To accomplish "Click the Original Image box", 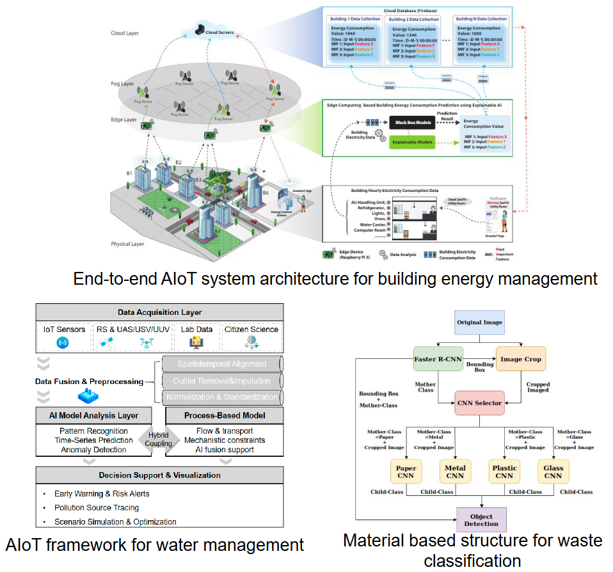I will tap(479, 322).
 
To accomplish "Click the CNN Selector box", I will tap(479, 403).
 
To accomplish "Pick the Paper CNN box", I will tap(406, 472).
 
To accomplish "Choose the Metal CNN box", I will tap(455, 472).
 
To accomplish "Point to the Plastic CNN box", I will tap(504, 472).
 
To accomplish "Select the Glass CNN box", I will tap(553, 472).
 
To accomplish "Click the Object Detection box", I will tap(481, 520).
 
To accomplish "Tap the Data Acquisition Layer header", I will tap(159, 312).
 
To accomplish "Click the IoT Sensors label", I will tap(65, 330).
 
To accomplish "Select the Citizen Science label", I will tap(251, 330).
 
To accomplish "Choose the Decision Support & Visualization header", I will tap(159, 475).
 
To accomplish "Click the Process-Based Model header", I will tap(224, 415).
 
